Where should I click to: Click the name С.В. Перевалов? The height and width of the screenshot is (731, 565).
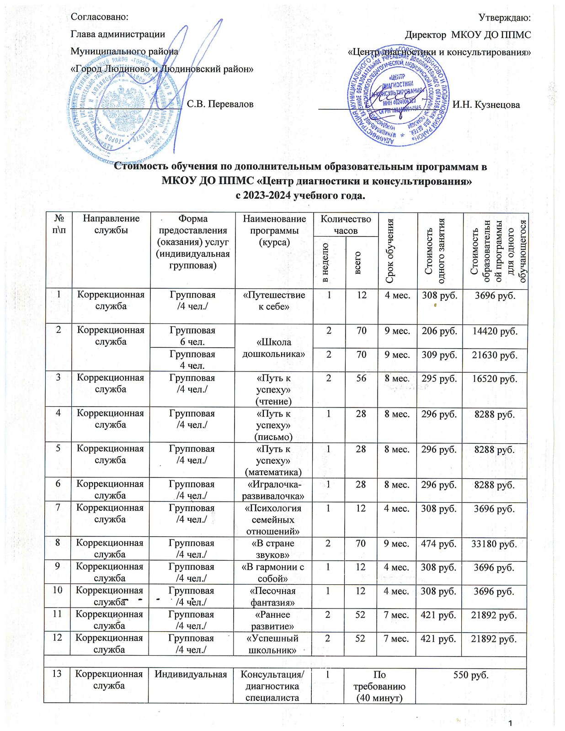220,104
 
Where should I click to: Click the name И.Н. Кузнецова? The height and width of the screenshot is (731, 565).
486,105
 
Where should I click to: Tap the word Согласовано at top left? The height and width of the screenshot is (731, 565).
99,17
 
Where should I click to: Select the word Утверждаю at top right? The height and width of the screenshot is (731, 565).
504,17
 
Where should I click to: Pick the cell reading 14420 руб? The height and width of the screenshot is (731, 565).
495,331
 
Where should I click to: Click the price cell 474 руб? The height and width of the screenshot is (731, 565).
439,544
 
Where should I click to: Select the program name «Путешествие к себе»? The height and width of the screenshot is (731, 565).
274,301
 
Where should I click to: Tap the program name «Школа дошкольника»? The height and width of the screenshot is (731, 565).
273,348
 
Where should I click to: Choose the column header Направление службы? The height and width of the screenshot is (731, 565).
111,224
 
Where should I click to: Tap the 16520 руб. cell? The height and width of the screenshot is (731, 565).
495,378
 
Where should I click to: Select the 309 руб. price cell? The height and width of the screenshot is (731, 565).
439,355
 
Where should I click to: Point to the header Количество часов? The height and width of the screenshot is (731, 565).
346,224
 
